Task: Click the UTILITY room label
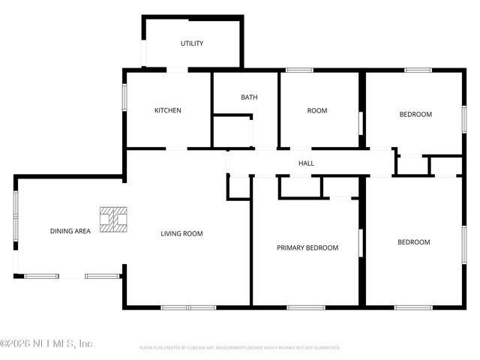(x=192, y=43)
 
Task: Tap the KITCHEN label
(x=168, y=110)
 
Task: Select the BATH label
(x=249, y=97)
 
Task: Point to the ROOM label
(x=317, y=110)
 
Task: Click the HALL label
(x=306, y=163)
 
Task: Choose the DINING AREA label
(x=70, y=231)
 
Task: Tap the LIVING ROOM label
(x=181, y=233)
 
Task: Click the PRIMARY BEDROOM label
(x=307, y=247)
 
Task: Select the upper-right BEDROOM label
(x=415, y=114)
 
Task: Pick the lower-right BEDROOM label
(x=413, y=241)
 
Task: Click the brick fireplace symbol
(x=115, y=218)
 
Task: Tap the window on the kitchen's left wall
(x=125, y=98)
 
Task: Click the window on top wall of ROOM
(x=300, y=70)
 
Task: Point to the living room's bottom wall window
(x=188, y=307)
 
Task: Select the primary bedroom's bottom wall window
(x=306, y=307)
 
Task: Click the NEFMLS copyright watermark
(x=46, y=343)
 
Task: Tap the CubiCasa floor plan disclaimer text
(x=240, y=348)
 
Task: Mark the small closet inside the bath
(x=232, y=132)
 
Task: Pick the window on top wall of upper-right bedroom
(x=418, y=70)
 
